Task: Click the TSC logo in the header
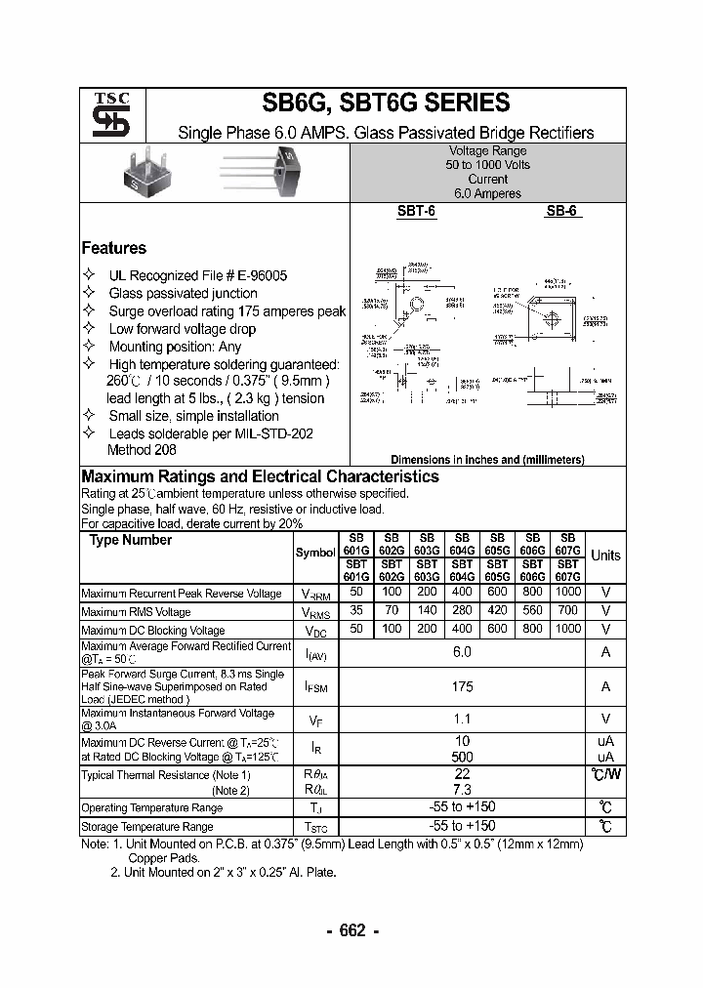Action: (x=104, y=116)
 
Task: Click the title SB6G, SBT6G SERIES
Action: (x=386, y=103)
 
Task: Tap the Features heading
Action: (x=113, y=248)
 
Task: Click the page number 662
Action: (x=351, y=930)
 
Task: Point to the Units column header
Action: (x=605, y=556)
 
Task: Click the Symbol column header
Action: (x=314, y=553)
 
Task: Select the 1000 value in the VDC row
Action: (x=567, y=630)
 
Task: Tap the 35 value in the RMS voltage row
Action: (x=356, y=611)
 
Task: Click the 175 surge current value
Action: (x=462, y=686)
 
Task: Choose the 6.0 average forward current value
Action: (x=462, y=651)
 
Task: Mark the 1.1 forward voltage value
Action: (x=462, y=720)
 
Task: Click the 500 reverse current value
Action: (x=462, y=757)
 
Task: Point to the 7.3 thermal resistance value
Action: (x=462, y=789)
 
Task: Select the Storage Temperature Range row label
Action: (x=146, y=827)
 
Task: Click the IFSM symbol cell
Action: (x=315, y=687)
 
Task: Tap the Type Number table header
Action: (x=131, y=540)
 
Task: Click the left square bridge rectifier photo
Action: (x=142, y=168)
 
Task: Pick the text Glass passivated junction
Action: (x=183, y=293)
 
